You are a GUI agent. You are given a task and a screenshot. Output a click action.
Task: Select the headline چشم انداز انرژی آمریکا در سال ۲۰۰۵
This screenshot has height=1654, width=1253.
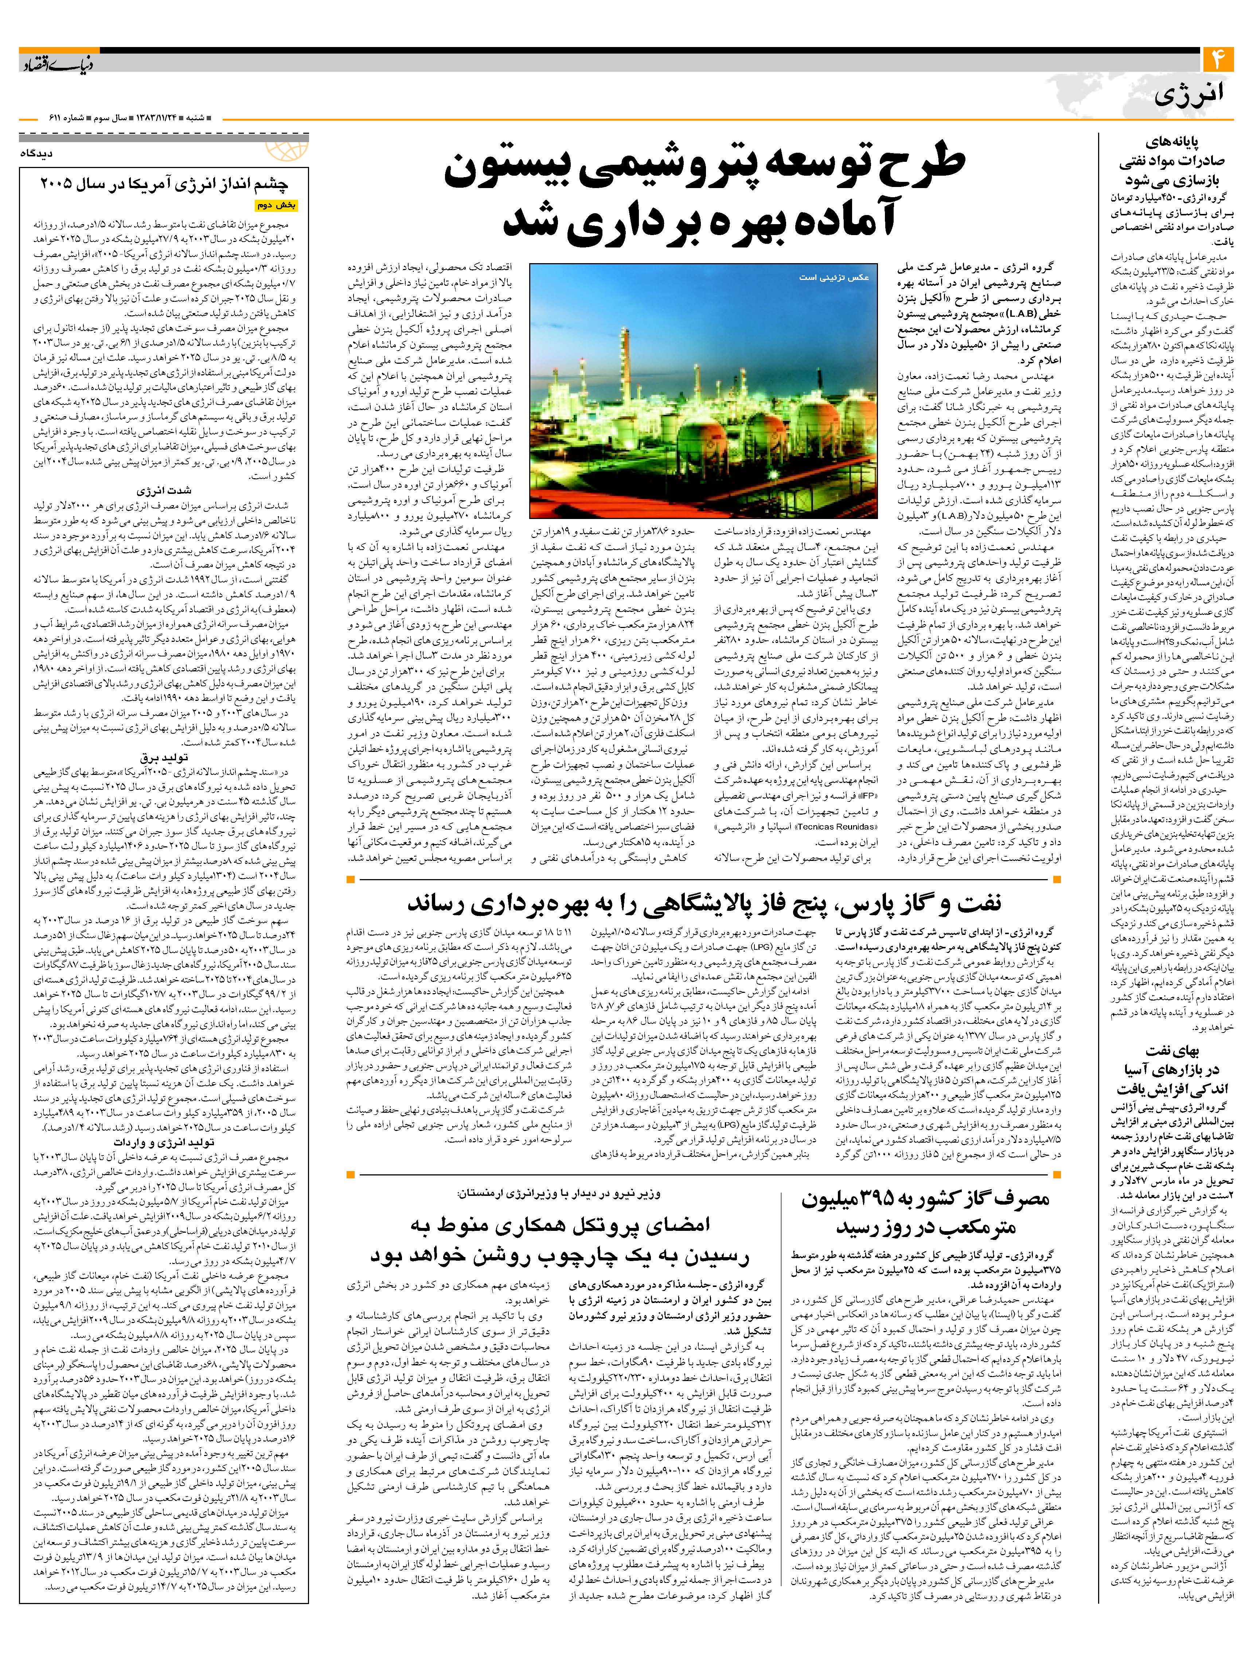coord(164,184)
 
